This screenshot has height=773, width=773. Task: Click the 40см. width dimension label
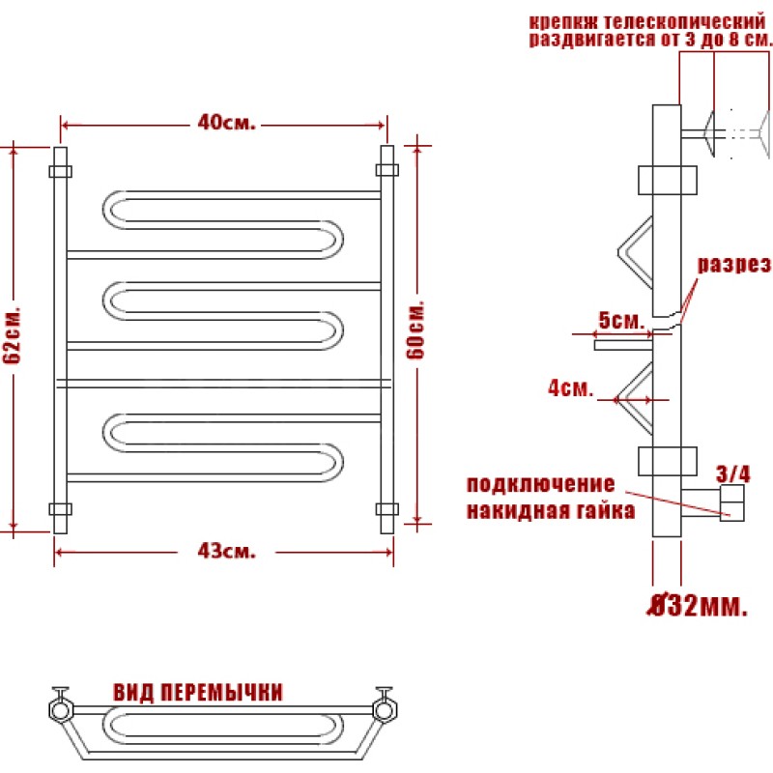(227, 123)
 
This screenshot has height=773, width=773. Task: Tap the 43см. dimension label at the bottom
(227, 551)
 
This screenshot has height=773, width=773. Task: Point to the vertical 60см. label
(415, 329)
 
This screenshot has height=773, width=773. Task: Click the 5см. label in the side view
(621, 321)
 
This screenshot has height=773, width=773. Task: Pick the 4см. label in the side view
(570, 388)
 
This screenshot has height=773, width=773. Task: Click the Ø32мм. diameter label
(697, 605)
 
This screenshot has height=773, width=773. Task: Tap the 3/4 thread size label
(733, 473)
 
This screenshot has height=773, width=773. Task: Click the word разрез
(734, 265)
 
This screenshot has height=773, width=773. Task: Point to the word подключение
(541, 484)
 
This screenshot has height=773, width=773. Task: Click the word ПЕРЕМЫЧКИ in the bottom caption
(222, 692)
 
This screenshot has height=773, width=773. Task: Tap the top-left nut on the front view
(60, 172)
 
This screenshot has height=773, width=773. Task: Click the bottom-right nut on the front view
(387, 509)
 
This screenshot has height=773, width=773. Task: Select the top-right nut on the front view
(387, 170)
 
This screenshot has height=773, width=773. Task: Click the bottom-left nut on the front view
(60, 509)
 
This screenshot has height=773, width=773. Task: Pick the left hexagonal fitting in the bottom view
(61, 710)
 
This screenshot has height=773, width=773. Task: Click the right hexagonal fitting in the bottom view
(385, 710)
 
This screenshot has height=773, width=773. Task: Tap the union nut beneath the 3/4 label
(732, 502)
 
